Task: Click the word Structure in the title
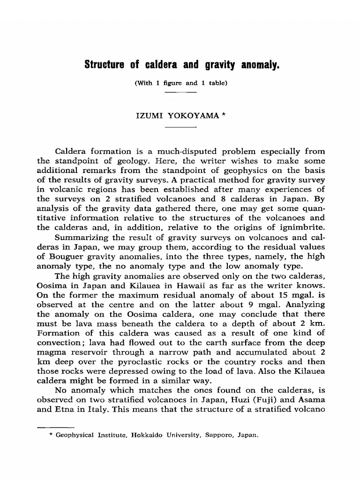[104, 64]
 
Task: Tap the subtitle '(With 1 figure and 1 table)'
[181, 83]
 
